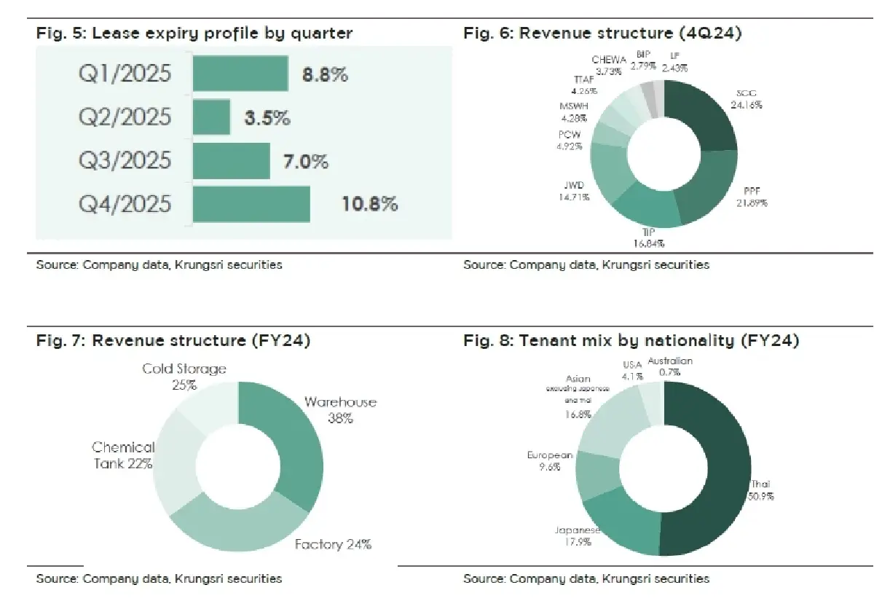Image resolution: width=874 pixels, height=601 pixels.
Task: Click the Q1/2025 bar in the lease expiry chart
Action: tap(240, 74)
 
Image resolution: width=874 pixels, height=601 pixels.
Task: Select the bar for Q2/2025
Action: tap(211, 117)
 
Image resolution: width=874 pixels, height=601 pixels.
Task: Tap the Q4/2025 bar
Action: tap(251, 204)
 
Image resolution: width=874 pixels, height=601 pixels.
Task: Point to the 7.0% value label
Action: tap(306, 161)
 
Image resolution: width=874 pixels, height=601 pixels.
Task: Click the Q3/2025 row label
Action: tap(125, 160)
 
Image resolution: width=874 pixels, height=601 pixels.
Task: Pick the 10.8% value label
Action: tap(370, 204)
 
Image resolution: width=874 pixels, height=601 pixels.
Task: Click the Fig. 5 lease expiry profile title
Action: tap(194, 34)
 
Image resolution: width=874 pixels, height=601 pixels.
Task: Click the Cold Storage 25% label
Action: tap(184, 376)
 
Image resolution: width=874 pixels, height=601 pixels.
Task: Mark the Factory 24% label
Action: tap(333, 544)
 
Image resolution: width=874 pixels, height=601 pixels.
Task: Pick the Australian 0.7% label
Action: tap(670, 366)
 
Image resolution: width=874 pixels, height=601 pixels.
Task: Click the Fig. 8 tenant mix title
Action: tap(631, 340)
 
